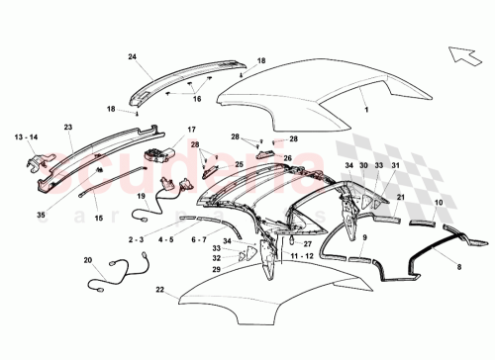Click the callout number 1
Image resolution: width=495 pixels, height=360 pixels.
point(368,114)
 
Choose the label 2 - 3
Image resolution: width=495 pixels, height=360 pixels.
point(138,238)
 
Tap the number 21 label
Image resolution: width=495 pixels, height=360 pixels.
point(402,198)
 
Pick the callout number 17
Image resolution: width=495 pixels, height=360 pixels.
point(191,129)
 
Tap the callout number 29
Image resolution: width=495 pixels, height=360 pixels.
point(217,270)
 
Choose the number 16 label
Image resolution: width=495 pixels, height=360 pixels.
point(196,99)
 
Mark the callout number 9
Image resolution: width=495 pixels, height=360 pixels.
point(363,238)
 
